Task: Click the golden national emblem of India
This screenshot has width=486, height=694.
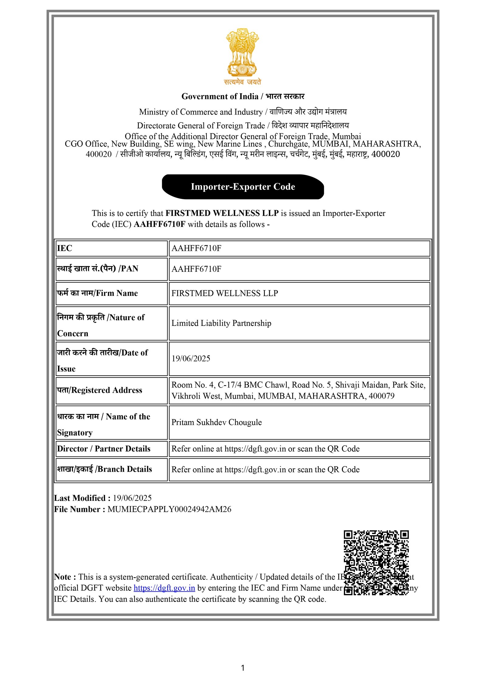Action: (242, 53)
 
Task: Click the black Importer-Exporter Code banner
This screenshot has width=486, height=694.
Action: (243, 186)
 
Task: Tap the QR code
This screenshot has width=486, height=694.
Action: (376, 563)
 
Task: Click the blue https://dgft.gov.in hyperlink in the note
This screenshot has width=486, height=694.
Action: (164, 588)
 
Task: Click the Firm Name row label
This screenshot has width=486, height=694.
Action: (98, 293)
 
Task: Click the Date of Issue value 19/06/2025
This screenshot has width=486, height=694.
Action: (191, 359)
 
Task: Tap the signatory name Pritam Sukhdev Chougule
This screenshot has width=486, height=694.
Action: (216, 422)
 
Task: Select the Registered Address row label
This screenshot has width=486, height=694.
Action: (100, 390)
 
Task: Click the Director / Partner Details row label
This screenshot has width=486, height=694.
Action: (104, 449)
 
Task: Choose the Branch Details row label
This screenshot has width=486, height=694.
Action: (104, 469)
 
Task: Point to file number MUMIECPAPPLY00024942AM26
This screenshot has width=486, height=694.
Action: (169, 509)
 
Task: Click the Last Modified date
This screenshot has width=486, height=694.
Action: (132, 498)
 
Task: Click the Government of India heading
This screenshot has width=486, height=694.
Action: (243, 97)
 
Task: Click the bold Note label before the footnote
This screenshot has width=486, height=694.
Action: (65, 577)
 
